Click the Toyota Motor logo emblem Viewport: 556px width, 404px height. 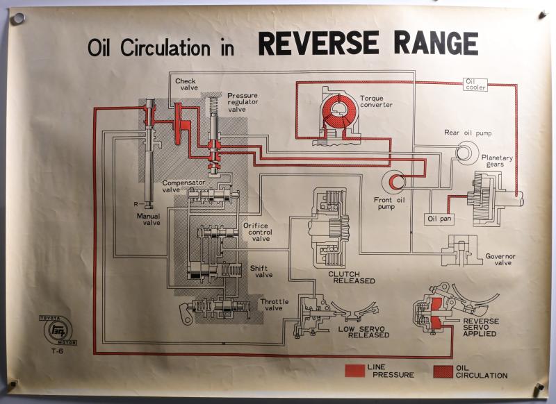[52, 328]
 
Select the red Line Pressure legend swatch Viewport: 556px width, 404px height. [354, 371]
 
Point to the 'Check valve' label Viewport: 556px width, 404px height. [186, 85]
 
